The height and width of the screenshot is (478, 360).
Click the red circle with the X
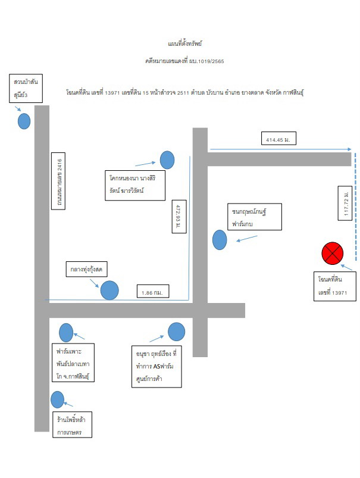point(332,254)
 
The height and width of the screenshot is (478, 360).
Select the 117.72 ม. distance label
point(345,203)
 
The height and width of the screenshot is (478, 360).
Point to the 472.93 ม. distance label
point(179,217)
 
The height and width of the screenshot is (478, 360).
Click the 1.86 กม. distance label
point(153,291)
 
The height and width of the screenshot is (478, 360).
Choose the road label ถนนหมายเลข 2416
point(58,181)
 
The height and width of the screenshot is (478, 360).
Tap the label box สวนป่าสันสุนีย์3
point(26,88)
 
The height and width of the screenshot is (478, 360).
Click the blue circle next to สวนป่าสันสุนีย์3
point(24,121)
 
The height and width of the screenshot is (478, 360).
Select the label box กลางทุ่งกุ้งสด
point(86,269)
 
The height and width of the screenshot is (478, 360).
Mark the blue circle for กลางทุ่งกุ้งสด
point(109,290)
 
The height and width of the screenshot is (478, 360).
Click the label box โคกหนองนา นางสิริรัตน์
point(135,185)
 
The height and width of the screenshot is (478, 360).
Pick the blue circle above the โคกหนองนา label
point(167,160)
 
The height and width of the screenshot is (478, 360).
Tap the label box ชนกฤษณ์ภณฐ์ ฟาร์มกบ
point(255,217)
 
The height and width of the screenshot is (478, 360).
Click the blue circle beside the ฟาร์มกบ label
point(220,240)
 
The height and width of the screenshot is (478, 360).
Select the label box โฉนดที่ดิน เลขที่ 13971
point(335,286)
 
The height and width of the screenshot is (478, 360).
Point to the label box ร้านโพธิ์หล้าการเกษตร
point(72,424)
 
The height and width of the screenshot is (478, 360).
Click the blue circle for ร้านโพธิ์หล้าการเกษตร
point(57,399)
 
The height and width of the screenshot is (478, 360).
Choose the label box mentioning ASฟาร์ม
point(156,367)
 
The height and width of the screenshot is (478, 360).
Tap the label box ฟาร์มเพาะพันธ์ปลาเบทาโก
point(73,363)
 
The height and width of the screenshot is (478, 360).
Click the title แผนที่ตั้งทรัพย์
point(184,43)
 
